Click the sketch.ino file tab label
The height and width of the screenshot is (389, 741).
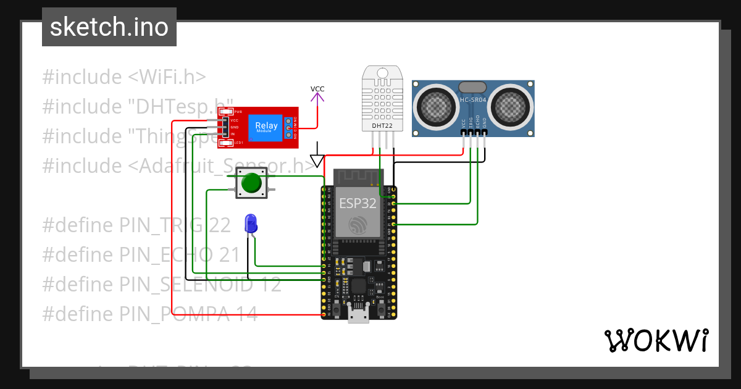[109, 27]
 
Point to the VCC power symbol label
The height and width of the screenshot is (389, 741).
[317, 90]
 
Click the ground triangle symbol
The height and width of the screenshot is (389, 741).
[317, 161]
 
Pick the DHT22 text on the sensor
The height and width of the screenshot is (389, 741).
[382, 126]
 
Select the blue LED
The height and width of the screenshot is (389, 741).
[250, 223]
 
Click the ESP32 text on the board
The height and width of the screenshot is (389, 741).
[358, 204]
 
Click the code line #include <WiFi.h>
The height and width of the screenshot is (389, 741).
[124, 77]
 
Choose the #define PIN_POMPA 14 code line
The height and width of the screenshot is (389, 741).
[150, 314]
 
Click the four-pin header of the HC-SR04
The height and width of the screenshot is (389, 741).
[474, 132]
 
